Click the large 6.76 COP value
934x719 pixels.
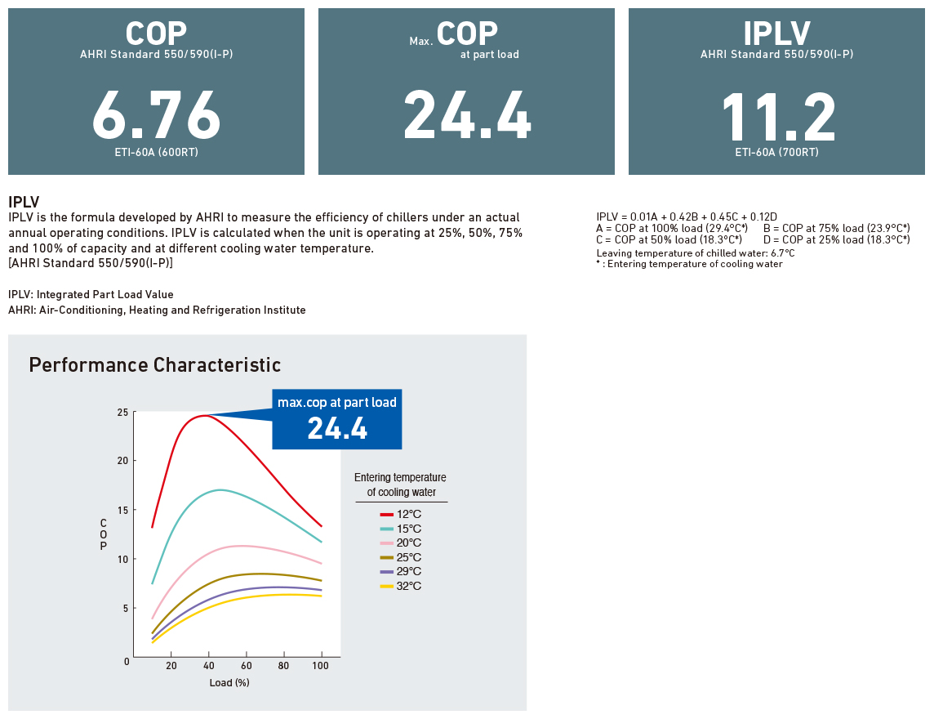157,115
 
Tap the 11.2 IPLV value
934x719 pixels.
778,117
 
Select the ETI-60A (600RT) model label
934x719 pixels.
157,152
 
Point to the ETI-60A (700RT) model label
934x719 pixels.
776,152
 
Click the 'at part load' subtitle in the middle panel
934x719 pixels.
490,54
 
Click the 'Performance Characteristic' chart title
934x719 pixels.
155,364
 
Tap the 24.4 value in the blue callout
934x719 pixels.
337,428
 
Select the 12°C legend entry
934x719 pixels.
401,514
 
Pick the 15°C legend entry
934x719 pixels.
401,529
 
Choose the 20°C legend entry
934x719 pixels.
401,543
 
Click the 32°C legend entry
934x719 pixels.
401,586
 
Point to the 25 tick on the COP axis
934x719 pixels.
122,413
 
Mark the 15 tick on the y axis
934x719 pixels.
122,511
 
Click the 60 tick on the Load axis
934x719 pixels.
246,665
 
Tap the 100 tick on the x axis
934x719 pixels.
321,665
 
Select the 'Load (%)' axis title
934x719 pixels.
229,682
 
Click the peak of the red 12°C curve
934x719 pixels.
204,416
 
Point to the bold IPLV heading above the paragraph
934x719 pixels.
24,202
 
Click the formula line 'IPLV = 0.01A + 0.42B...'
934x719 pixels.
687,217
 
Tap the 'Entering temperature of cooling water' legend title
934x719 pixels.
400,485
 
